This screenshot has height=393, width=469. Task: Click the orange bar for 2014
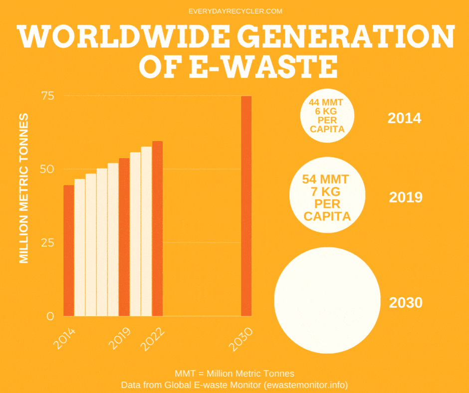click(x=68, y=250)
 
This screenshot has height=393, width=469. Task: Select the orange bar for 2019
click(x=124, y=237)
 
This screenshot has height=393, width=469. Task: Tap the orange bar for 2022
click(x=157, y=228)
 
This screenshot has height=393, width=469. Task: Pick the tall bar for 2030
click(x=246, y=205)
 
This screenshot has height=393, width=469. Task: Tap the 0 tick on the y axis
click(x=50, y=316)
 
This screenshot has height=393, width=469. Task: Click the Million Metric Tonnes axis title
click(x=24, y=189)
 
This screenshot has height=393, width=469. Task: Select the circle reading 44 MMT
click(x=327, y=116)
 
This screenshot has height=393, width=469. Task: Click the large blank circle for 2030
click(x=326, y=300)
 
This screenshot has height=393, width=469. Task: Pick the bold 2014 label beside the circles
click(x=404, y=119)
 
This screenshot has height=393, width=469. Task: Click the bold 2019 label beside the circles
click(x=405, y=197)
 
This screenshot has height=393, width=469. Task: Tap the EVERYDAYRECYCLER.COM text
click(x=234, y=11)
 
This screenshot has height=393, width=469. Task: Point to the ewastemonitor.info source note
click(x=234, y=385)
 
